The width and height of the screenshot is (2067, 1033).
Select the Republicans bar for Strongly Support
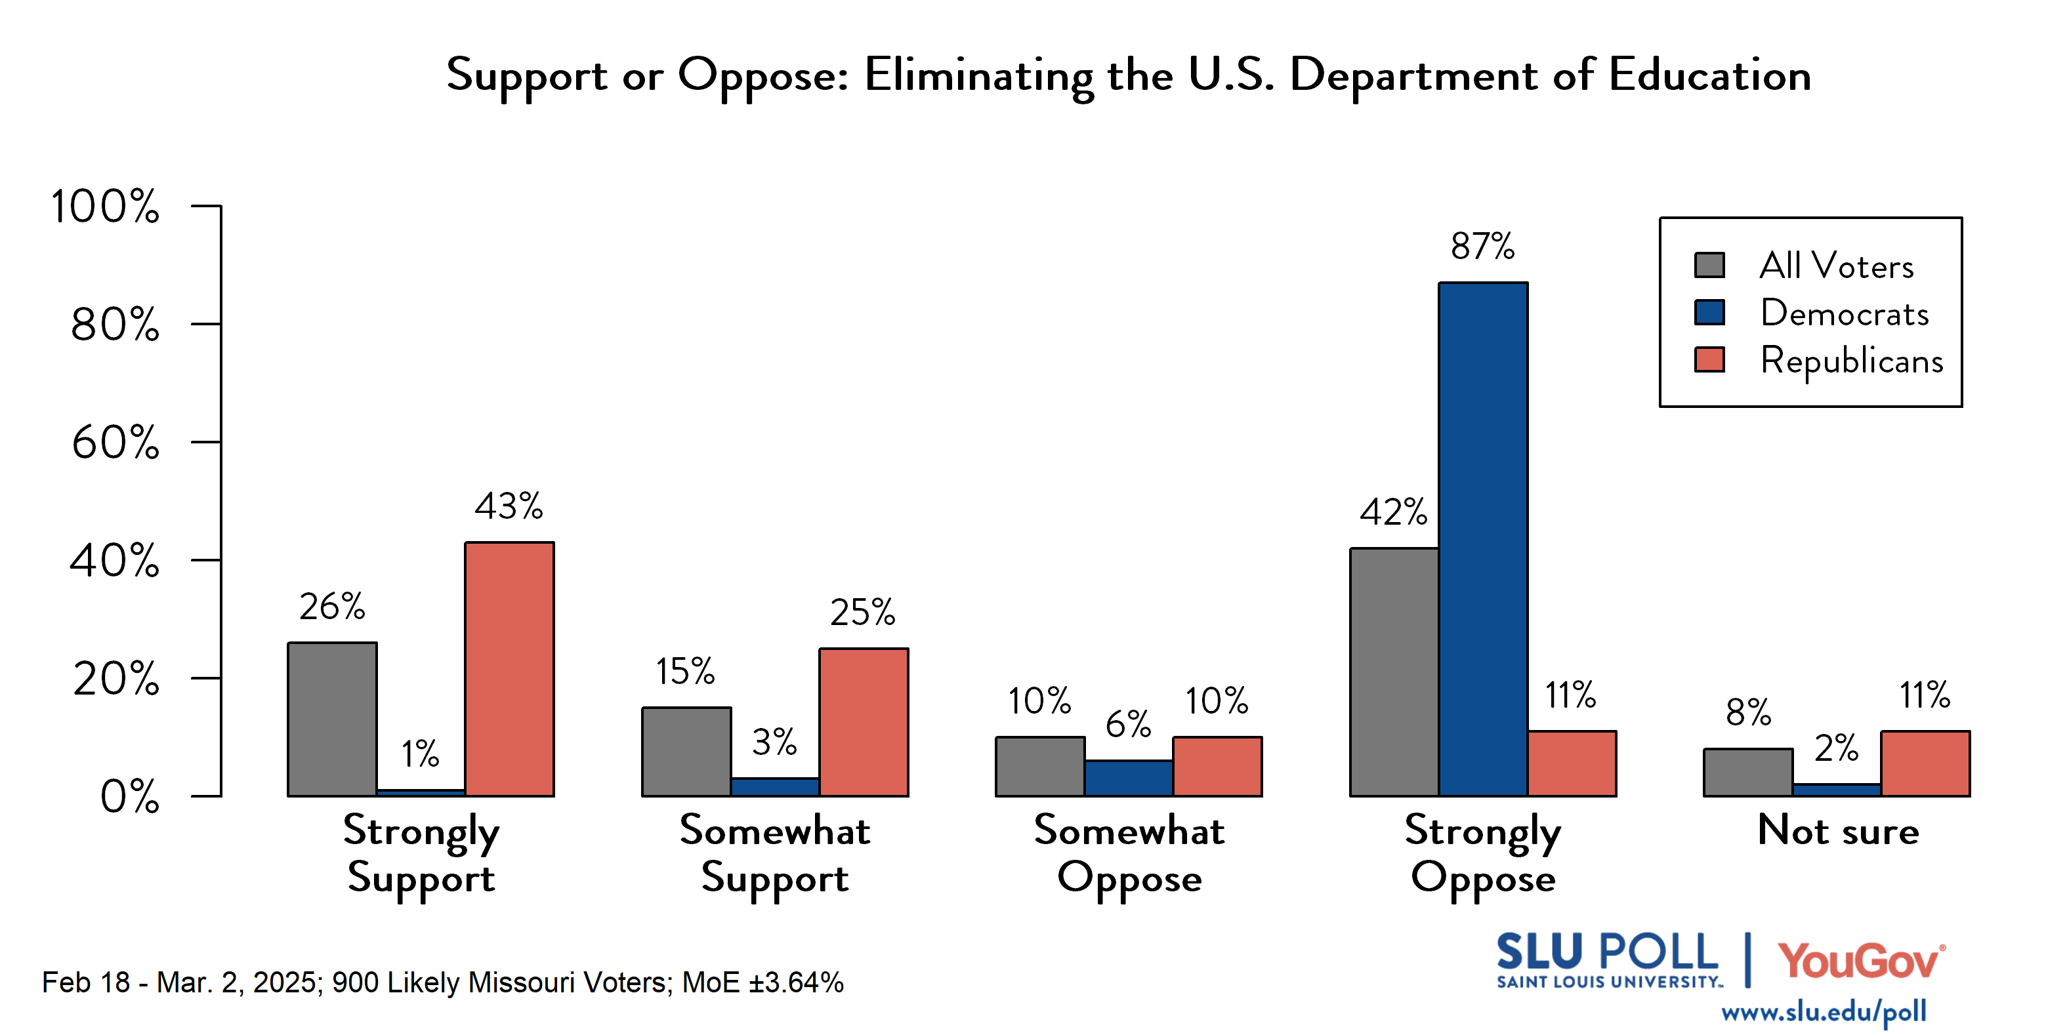[x=509, y=670]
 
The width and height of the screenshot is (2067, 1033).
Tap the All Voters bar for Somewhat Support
[x=686, y=752]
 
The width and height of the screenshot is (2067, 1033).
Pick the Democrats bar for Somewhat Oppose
[x=1128, y=778]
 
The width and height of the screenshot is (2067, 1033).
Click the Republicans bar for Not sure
[x=1925, y=763]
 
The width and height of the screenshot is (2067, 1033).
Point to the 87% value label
[x=1482, y=246]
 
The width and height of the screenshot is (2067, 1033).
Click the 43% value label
[x=509, y=506]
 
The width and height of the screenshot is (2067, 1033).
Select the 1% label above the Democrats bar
[x=421, y=754]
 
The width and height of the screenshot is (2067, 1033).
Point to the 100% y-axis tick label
[x=105, y=207]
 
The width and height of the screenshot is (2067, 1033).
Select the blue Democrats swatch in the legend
[x=1709, y=312]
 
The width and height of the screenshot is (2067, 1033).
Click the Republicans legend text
[x=1851, y=360]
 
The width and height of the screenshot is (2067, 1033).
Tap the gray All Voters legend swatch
[x=1709, y=265]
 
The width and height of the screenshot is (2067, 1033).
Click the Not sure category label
[x=1837, y=830]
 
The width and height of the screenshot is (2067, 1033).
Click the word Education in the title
[x=1709, y=75]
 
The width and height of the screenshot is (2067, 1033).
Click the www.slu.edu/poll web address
[x=1823, y=1011]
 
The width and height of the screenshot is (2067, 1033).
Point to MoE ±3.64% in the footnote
[x=762, y=982]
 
